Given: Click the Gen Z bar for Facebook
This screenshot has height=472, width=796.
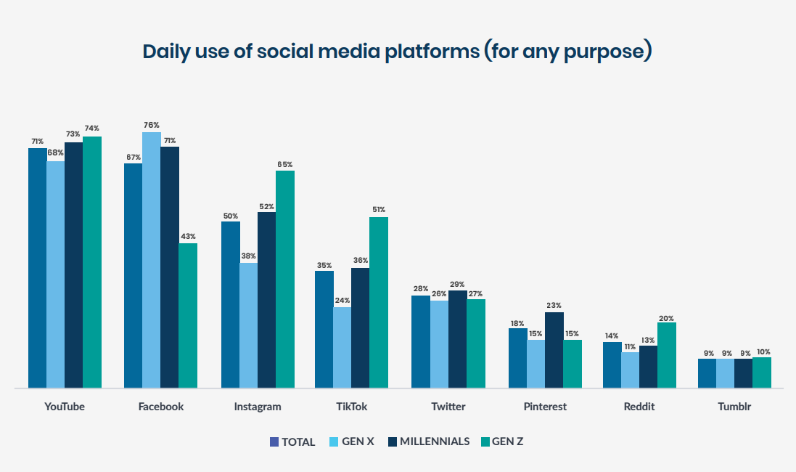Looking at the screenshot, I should pyautogui.click(x=188, y=315).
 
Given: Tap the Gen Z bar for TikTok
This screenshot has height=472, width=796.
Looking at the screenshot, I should pyautogui.click(x=379, y=302).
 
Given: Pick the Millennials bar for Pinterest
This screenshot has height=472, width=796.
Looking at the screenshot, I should pyautogui.click(x=554, y=350).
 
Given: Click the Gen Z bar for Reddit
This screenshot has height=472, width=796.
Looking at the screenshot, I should pyautogui.click(x=667, y=355).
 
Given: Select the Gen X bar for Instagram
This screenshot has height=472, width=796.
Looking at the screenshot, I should pyautogui.click(x=249, y=325).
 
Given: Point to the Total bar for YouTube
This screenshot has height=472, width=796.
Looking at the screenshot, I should pyautogui.click(x=38, y=268).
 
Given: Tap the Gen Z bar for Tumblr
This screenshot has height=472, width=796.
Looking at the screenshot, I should pyautogui.click(x=762, y=373).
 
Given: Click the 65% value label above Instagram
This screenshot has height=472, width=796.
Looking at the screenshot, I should pyautogui.click(x=285, y=165).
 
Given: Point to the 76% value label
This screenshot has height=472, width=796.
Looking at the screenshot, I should pyautogui.click(x=152, y=126).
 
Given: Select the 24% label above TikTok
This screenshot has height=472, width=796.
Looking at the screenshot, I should pyautogui.click(x=342, y=301).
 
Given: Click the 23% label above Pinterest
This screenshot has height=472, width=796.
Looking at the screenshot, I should pyautogui.click(x=554, y=306).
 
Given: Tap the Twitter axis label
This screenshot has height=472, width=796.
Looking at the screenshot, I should pyautogui.click(x=448, y=407).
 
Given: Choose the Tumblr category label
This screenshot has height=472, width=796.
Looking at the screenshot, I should pyautogui.click(x=734, y=407).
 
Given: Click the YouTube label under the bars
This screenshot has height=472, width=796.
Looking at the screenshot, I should pyautogui.click(x=65, y=407).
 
